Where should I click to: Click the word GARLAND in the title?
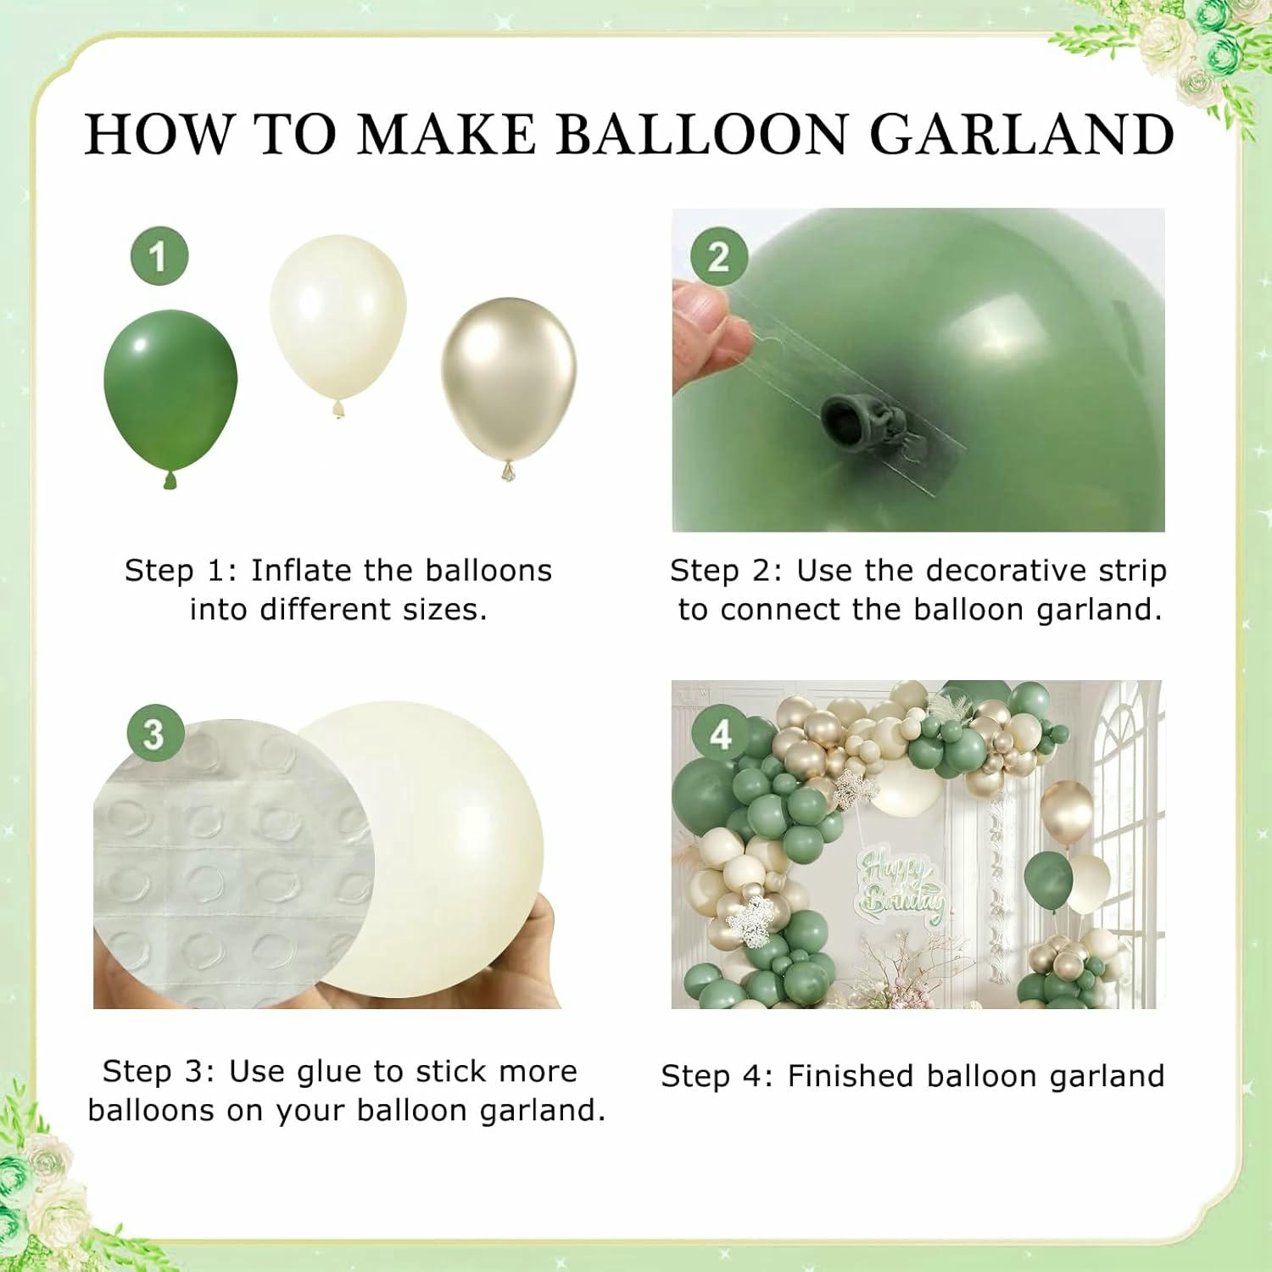coord(1022,133)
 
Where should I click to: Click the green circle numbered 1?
coord(159,256)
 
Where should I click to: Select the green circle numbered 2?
coord(718,256)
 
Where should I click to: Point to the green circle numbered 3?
coord(153,734)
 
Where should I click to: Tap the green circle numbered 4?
coord(720,734)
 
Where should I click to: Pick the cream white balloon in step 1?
coord(338,325)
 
